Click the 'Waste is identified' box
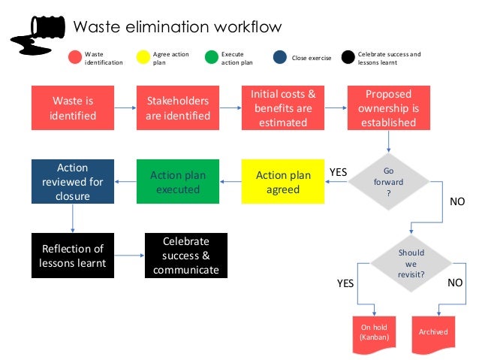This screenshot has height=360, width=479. coord(73,107)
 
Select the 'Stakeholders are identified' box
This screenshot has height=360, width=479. coord(178,107)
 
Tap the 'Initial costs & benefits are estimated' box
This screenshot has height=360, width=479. coord(283,107)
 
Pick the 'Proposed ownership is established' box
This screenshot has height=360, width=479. coord(388,107)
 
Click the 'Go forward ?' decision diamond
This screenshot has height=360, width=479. coord(388,182)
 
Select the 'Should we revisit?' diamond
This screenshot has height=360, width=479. coord(411,264)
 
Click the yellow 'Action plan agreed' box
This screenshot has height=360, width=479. coord(283,182)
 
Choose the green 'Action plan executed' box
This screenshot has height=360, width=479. coord(178,182)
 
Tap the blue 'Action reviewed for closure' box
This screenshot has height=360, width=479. coord(73,182)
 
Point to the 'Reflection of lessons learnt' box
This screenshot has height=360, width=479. coord(73,256)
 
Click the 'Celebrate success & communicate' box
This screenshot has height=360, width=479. coord(185,256)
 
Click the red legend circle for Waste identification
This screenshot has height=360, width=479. coord(74,57)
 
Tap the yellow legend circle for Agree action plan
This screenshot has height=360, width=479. coord(143,57)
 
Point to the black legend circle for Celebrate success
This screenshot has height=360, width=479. coord(348,57)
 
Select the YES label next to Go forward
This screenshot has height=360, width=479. coord(339,172)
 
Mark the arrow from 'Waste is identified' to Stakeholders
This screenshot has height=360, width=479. coord(125,107)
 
